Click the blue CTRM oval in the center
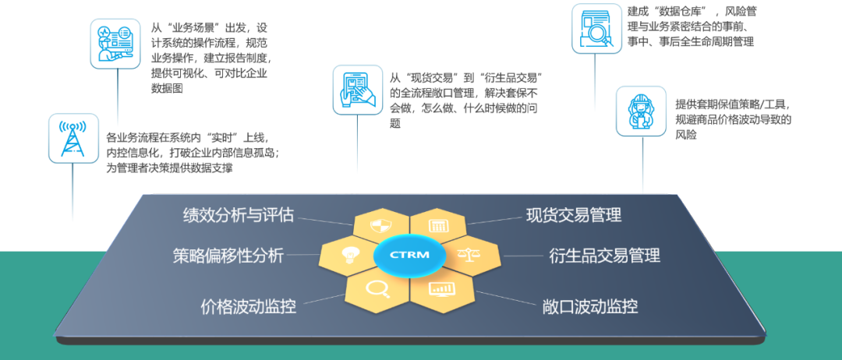[409, 255]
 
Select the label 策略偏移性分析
[228, 255]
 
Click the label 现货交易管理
[574, 215]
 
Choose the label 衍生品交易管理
[604, 255]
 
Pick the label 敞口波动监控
[589, 306]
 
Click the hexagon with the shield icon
[380, 226]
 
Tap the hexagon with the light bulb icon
[348, 255]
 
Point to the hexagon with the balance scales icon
[470, 255]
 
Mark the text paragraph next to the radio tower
[192, 151]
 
